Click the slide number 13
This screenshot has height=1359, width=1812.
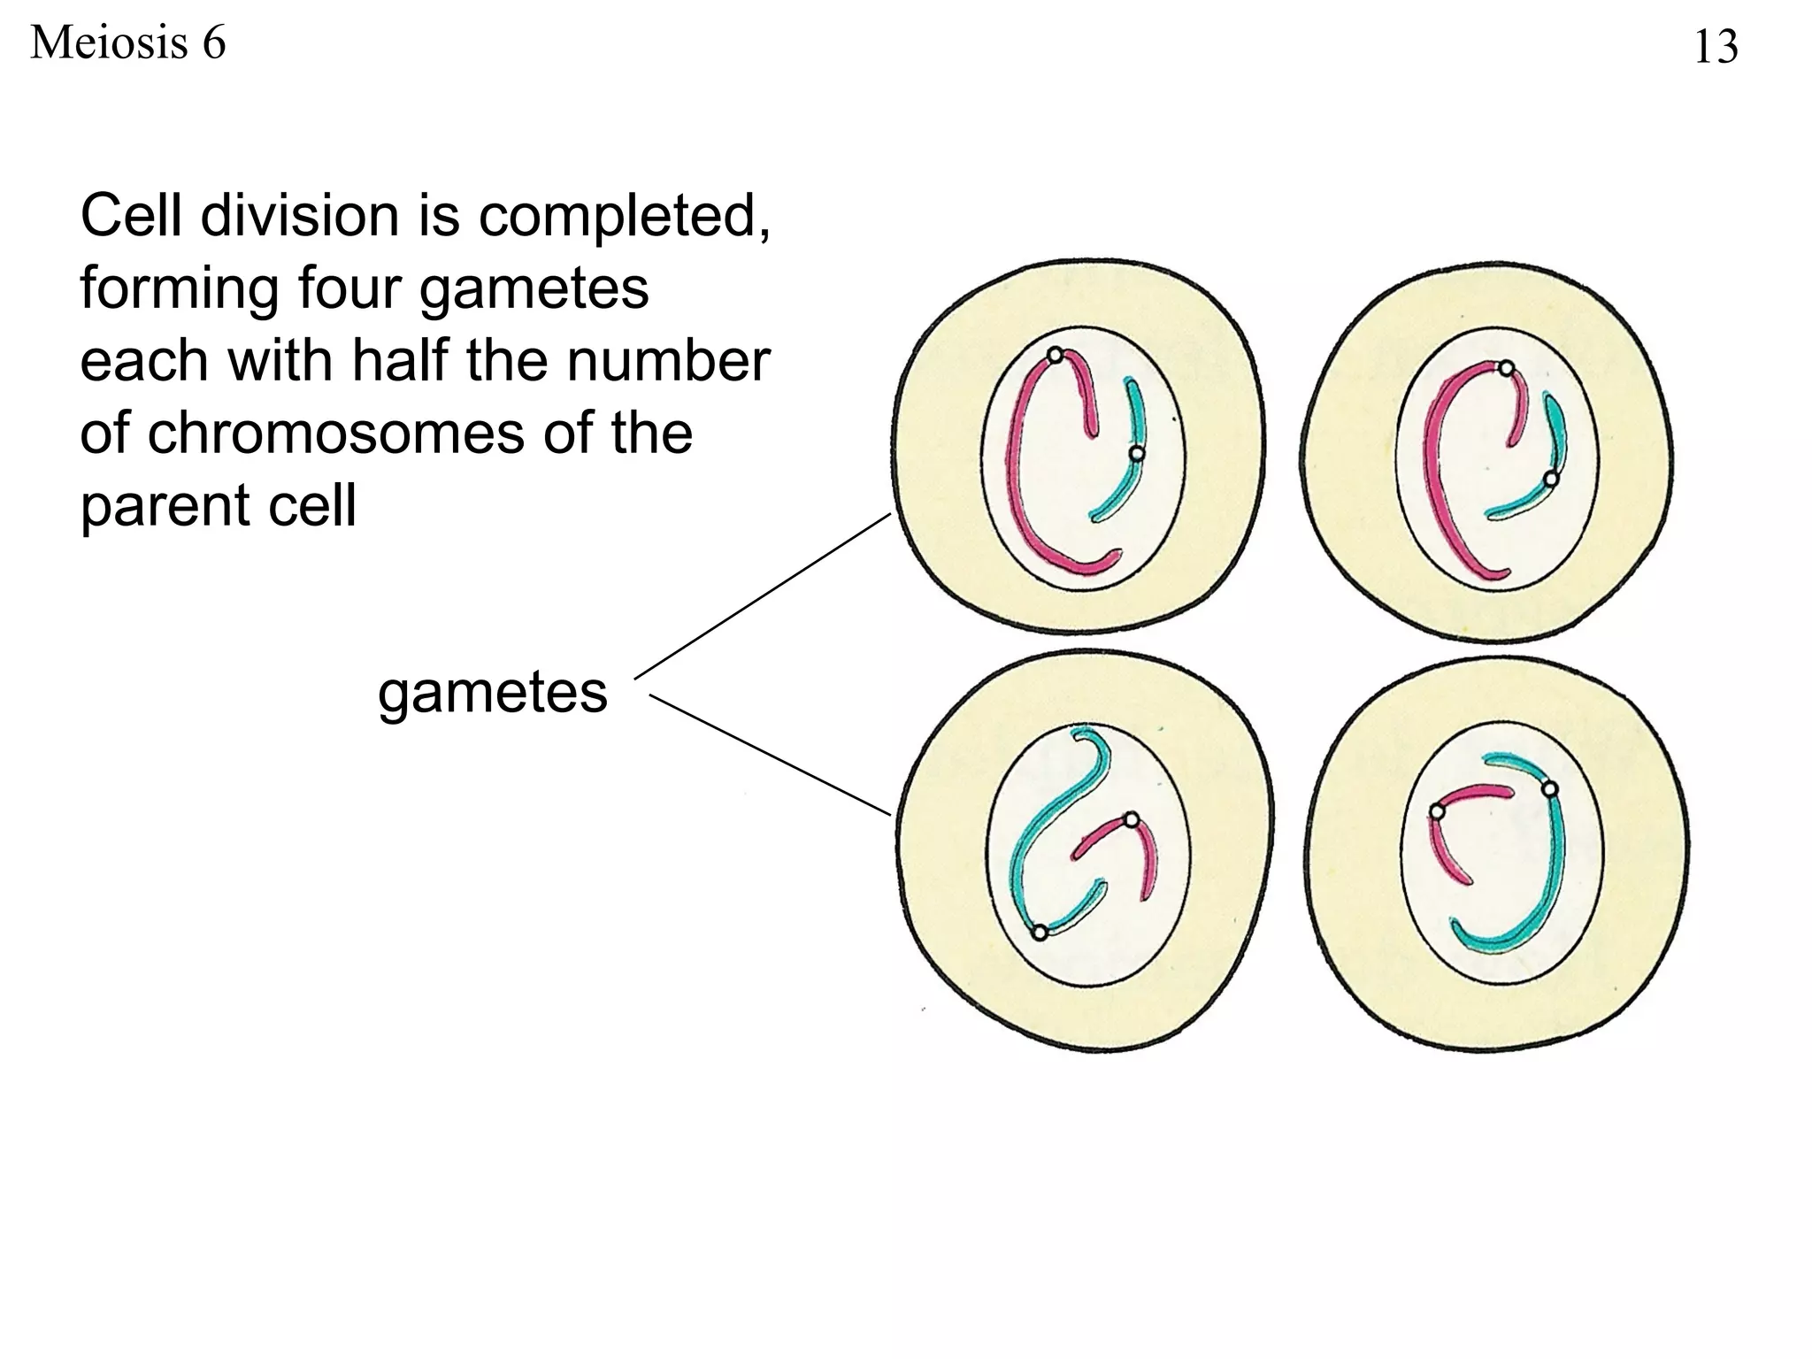pyautogui.click(x=1715, y=47)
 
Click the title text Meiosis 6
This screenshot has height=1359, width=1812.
pyautogui.click(x=128, y=42)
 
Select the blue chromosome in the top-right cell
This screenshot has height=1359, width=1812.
pyautogui.click(x=1553, y=442)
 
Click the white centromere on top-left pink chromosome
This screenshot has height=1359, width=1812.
pyautogui.click(x=1055, y=356)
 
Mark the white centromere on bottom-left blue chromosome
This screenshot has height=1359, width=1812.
pyautogui.click(x=1040, y=932)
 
